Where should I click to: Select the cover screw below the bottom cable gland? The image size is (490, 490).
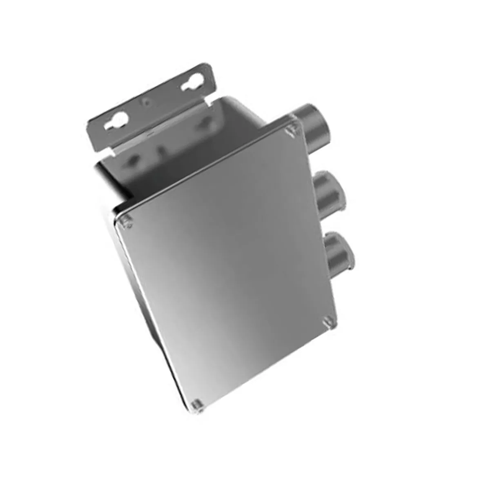pyautogui.click(x=329, y=322)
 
